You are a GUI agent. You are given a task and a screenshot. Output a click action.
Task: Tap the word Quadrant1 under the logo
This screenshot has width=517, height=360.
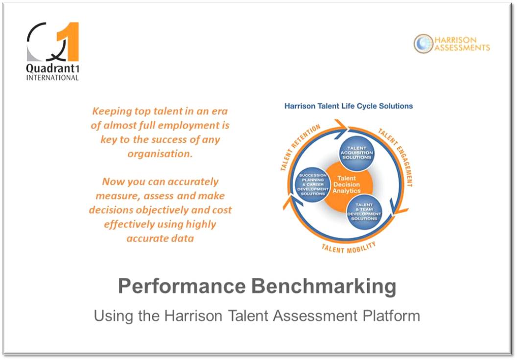click(52, 68)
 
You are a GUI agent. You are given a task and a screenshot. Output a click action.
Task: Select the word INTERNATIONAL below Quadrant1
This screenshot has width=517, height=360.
click(52, 78)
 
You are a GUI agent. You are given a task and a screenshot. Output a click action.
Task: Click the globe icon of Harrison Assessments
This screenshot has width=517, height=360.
click(423, 44)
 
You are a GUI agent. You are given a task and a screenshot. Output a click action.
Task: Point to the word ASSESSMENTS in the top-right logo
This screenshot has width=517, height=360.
click(462, 48)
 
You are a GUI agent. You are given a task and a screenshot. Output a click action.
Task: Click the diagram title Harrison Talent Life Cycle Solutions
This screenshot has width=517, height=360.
click(349, 106)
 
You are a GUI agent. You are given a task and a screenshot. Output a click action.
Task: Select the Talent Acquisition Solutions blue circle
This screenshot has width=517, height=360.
click(357, 153)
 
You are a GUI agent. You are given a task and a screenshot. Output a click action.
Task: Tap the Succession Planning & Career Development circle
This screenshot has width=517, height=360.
click(312, 185)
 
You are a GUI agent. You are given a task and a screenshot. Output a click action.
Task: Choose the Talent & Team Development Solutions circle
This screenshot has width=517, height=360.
click(364, 211)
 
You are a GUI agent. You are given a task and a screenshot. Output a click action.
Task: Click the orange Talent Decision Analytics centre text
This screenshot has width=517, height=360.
click(346, 184)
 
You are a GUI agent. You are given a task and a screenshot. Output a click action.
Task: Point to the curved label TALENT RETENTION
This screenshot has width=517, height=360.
click(299, 146)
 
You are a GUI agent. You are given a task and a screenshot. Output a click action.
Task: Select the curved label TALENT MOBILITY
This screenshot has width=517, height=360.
click(349, 248)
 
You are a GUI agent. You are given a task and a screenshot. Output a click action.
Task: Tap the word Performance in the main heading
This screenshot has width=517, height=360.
click(182, 286)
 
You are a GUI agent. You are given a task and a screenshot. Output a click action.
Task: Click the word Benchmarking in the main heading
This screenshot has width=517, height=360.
click(324, 287)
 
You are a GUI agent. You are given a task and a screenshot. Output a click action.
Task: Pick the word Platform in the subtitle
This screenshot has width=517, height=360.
click(391, 315)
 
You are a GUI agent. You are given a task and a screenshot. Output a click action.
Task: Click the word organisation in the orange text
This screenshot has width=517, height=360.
click(160, 154)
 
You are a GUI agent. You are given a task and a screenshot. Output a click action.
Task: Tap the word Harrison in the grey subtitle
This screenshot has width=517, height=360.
click(193, 315)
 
